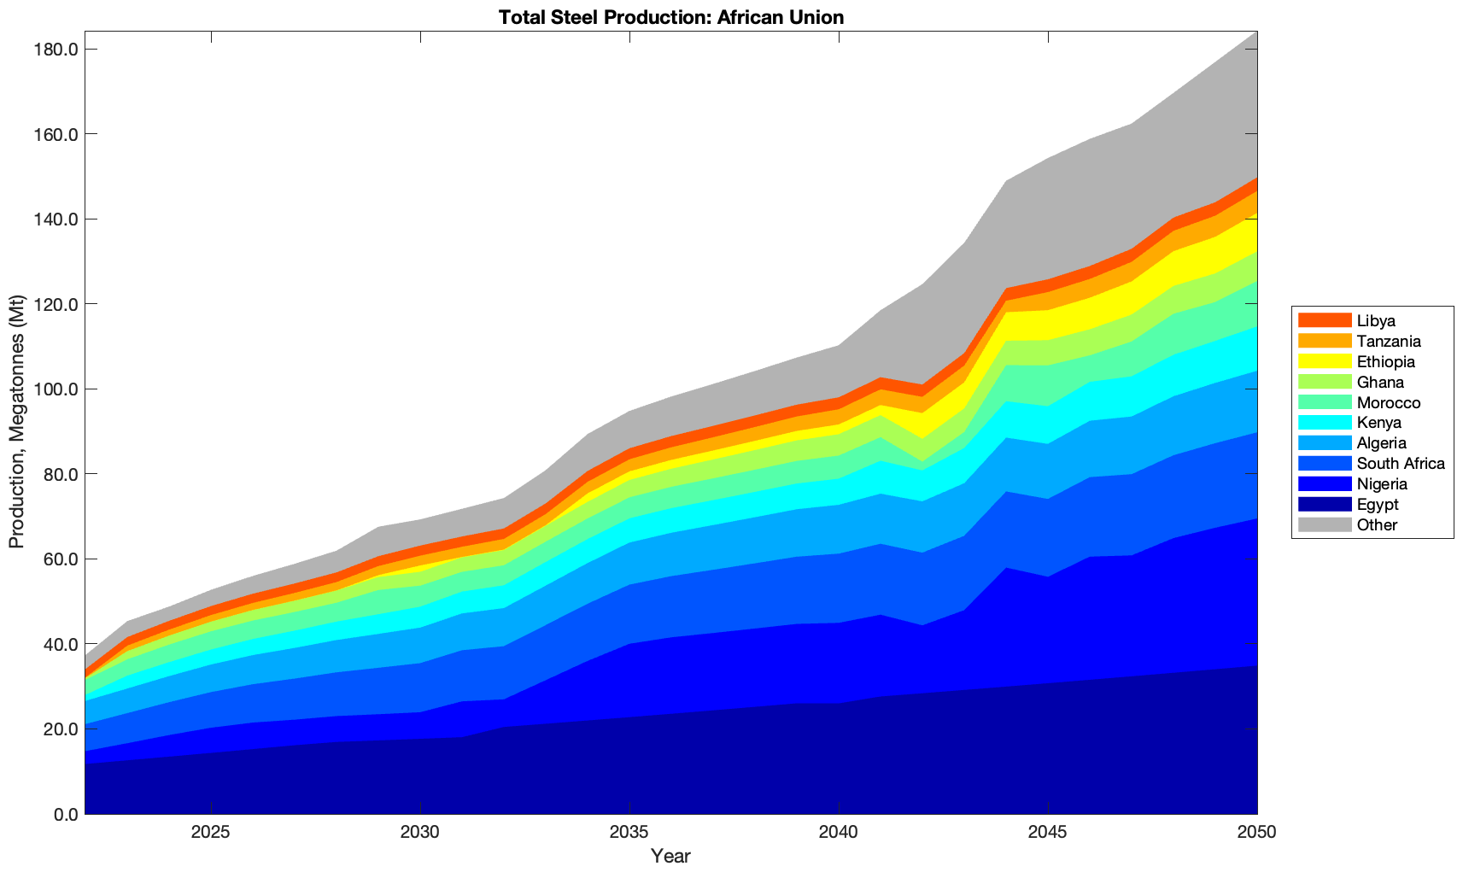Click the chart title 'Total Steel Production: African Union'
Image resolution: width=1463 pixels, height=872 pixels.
670,16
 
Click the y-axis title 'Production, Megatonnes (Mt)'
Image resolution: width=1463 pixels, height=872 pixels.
16,423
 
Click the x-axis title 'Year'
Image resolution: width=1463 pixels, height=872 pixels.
670,856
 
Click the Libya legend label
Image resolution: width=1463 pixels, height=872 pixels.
1376,321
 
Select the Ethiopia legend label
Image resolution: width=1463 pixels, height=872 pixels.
1386,362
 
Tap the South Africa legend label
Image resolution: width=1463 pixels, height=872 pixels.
1401,464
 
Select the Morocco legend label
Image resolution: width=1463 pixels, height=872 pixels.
1389,403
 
